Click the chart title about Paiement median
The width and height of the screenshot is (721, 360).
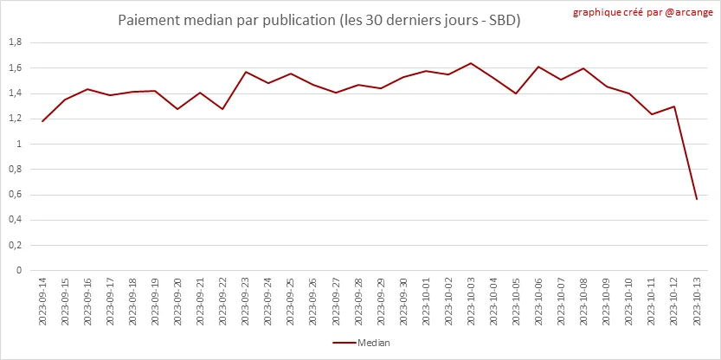pyautogui.click(x=319, y=19)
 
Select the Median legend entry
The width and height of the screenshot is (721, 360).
pyautogui.click(x=361, y=343)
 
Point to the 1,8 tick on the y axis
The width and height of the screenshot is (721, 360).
pyautogui.click(x=15, y=42)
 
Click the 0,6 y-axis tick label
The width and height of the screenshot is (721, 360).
pyautogui.click(x=15, y=195)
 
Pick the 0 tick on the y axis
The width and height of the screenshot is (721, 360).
pyautogui.click(x=19, y=271)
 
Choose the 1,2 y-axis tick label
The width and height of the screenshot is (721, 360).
pyautogui.click(x=15, y=119)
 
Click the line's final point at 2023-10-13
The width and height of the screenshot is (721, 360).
pyautogui.click(x=696, y=199)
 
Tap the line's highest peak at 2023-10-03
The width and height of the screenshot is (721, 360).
pyautogui.click(x=471, y=63)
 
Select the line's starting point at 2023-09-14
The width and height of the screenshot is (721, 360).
pyautogui.click(x=42, y=121)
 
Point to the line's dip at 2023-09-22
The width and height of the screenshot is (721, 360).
pyautogui.click(x=222, y=109)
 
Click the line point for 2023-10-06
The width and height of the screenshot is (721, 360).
pyautogui.click(x=538, y=67)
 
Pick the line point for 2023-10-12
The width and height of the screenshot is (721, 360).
pyautogui.click(x=673, y=106)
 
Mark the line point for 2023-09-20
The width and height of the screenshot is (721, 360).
pyautogui.click(x=177, y=109)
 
